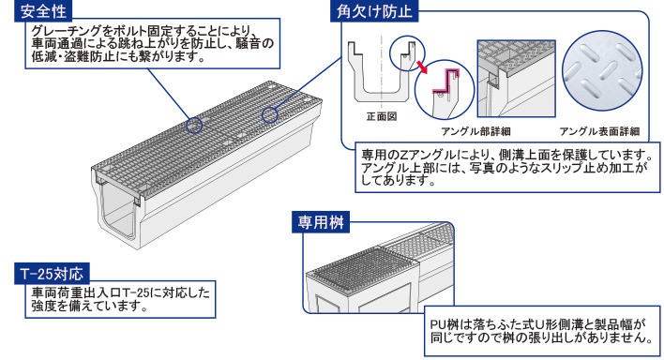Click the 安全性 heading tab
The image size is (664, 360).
(x=43, y=10)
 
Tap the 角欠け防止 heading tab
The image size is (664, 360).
(x=374, y=11)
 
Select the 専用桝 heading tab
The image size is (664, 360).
(x=321, y=222)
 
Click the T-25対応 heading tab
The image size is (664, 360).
(x=52, y=274)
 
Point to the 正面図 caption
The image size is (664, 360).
(x=382, y=116)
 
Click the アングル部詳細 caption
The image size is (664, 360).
(x=475, y=131)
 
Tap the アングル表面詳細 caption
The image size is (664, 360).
(x=599, y=131)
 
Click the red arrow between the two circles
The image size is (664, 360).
(x=421, y=67)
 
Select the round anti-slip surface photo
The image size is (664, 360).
(x=602, y=70)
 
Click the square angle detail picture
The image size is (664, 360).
(x=516, y=79)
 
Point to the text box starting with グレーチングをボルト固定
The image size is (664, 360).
(x=153, y=43)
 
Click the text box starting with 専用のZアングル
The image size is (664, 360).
(x=507, y=167)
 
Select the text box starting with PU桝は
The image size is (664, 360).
(x=542, y=331)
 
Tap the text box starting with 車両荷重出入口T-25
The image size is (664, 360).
(x=120, y=299)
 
